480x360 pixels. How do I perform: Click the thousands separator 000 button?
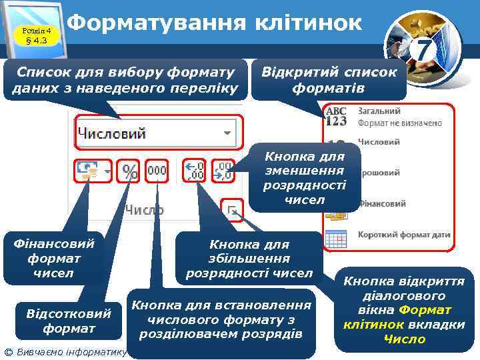(x=157, y=171)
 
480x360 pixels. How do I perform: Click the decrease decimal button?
(x=223, y=171)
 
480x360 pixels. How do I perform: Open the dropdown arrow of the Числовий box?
(x=228, y=133)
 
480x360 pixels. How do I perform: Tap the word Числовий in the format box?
(x=113, y=133)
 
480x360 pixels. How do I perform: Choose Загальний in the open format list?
(x=379, y=111)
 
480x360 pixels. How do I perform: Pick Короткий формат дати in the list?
(x=404, y=235)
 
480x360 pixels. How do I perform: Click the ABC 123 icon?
(x=337, y=116)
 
